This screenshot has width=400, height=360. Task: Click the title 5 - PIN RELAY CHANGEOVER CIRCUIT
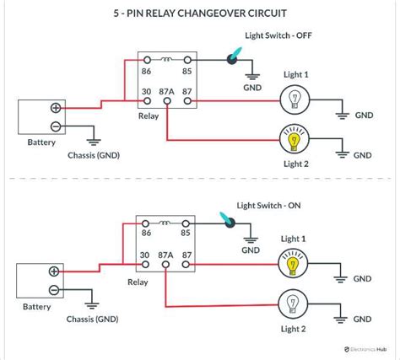(199, 14)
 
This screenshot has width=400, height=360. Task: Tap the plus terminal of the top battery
(56, 108)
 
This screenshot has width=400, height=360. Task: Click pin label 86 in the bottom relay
(147, 233)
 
